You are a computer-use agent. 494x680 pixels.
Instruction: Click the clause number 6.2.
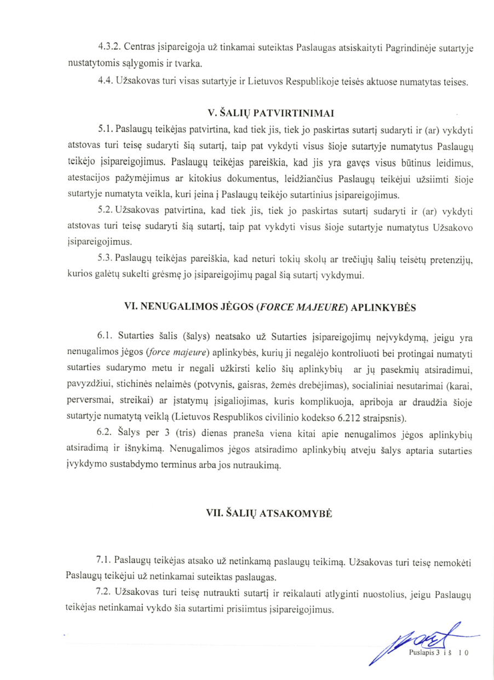[105, 434]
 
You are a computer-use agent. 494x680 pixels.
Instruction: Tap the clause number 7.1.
[105, 562]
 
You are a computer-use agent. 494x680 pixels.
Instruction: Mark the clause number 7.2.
[105, 595]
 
